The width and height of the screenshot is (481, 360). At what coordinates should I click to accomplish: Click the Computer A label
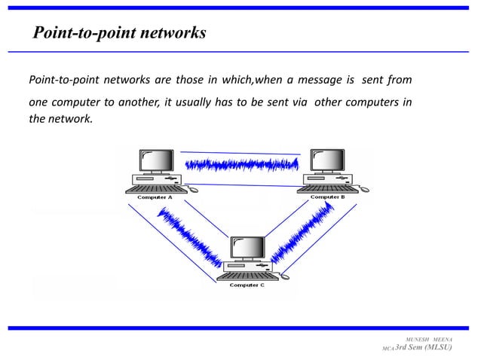pos(155,197)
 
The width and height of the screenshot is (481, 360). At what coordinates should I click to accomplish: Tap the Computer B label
pos(327,197)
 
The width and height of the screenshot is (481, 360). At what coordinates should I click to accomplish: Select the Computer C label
pos(247,285)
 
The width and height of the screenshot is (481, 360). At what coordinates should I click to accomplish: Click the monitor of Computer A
pos(157,161)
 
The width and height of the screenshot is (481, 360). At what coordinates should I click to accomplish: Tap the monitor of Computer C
pos(248,249)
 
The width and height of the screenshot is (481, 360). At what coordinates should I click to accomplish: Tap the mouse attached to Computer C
pos(284,278)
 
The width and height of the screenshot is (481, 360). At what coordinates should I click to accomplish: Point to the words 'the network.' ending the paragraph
pos(60,119)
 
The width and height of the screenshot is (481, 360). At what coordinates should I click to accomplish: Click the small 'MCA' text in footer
pos(388,352)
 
